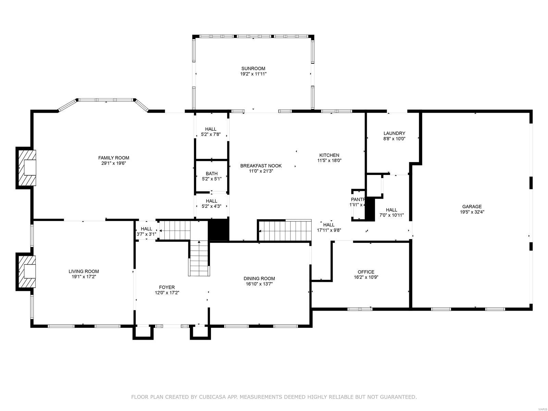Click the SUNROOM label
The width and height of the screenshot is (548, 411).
(x=253, y=68)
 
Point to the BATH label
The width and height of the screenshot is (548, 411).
(x=212, y=174)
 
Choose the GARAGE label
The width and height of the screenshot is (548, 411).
(x=472, y=207)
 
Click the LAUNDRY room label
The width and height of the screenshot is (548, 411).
(x=394, y=133)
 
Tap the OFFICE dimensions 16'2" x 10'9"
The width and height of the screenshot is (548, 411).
(x=366, y=277)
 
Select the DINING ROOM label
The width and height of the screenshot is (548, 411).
(x=259, y=278)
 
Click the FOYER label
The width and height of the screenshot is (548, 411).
(x=167, y=287)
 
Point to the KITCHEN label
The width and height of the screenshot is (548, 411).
(x=329, y=155)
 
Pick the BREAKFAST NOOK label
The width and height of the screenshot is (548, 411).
(x=261, y=166)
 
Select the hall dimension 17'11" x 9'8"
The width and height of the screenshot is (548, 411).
(x=329, y=231)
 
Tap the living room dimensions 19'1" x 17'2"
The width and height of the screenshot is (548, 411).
(x=84, y=277)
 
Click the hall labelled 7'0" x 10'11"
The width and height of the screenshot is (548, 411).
(x=391, y=215)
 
